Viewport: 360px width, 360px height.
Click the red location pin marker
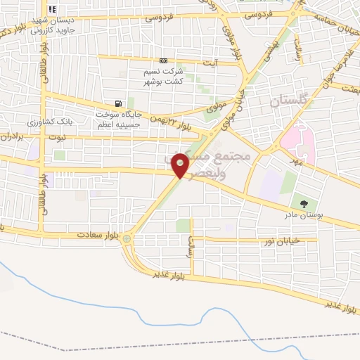(181, 165)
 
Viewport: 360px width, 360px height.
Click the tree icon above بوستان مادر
(304, 204)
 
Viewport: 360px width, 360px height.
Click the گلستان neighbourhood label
(289, 101)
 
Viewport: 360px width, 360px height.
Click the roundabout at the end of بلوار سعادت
(127, 239)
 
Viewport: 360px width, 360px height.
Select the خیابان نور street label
(281, 240)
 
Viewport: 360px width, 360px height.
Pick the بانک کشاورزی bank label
(80, 122)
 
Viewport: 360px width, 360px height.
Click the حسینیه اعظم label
(117, 124)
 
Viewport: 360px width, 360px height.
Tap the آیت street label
(210, 63)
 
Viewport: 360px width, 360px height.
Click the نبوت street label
(58, 137)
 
